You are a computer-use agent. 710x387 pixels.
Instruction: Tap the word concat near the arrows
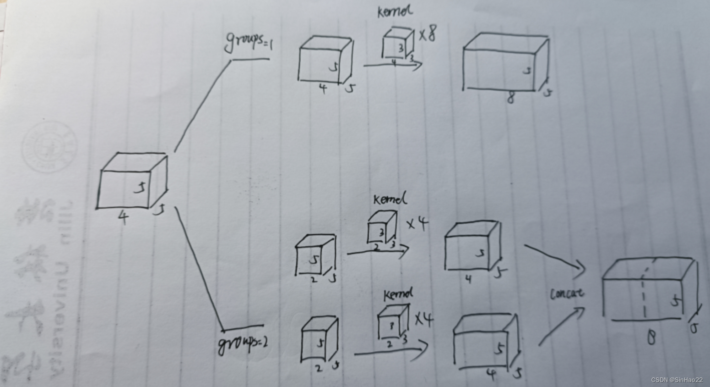(567, 293)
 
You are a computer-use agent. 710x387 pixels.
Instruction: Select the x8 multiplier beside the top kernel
(428, 33)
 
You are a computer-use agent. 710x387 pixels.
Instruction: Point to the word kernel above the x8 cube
(394, 11)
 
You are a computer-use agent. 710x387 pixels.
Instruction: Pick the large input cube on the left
(132, 182)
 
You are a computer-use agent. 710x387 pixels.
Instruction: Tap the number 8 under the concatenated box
(651, 338)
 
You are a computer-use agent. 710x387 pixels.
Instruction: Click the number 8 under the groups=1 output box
(511, 98)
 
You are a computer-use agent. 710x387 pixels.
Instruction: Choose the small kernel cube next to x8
(397, 44)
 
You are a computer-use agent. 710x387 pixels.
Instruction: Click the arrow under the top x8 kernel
(393, 66)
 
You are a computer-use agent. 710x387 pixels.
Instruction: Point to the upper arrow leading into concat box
(555, 259)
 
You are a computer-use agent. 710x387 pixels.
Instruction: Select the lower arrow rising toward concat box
(562, 326)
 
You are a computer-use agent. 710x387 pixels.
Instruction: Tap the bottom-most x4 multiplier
(423, 319)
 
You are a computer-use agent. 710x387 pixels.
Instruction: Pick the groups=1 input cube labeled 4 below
(325, 61)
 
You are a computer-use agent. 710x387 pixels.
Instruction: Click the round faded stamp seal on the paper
(49, 145)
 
